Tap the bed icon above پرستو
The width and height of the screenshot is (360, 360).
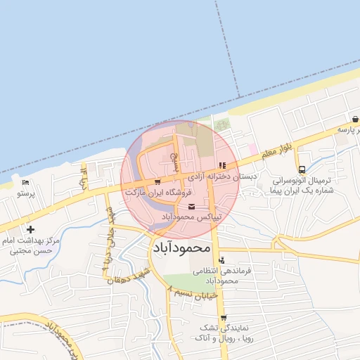(x=26, y=183)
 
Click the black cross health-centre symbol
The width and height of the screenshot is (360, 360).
(x=30, y=229)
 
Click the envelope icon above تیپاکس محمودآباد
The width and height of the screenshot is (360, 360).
(x=193, y=205)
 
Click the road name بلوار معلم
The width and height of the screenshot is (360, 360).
(x=276, y=150)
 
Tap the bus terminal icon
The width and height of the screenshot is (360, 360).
(x=302, y=169)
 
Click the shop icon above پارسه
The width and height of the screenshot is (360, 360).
(x=355, y=120)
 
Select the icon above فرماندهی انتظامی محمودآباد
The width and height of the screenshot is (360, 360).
(x=222, y=261)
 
